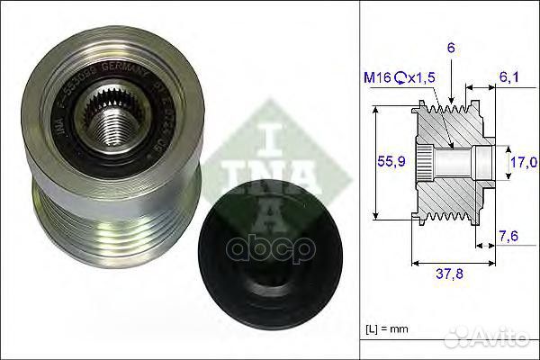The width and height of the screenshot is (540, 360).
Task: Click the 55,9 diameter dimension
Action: [386, 163]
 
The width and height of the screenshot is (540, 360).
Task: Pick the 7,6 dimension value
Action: [509, 236]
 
